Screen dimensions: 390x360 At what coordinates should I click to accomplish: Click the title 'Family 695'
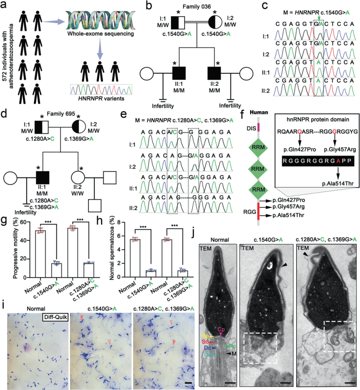pos(61,114)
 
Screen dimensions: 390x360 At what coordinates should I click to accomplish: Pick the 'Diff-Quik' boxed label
pos(55,317)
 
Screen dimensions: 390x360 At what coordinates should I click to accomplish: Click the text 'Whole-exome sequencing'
pos(100,34)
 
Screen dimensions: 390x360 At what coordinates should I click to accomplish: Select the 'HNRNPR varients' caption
pos(101,98)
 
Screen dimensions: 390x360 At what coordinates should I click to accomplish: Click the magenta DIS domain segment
pos(258,127)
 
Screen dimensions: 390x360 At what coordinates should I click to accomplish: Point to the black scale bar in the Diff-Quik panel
pos(188,383)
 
